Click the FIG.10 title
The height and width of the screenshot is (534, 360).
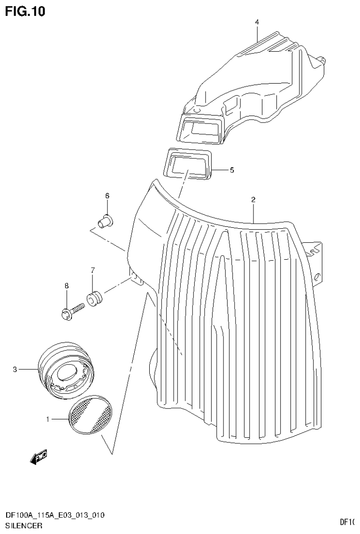coord(25,11)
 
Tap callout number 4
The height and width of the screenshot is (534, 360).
coord(257,22)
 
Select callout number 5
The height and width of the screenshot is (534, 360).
coord(231,170)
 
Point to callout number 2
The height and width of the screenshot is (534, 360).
coord(253,200)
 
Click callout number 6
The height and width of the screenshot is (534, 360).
coord(107,195)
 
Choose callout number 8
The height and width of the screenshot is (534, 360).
coord(67,286)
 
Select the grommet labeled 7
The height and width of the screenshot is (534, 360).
coord(94,298)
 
